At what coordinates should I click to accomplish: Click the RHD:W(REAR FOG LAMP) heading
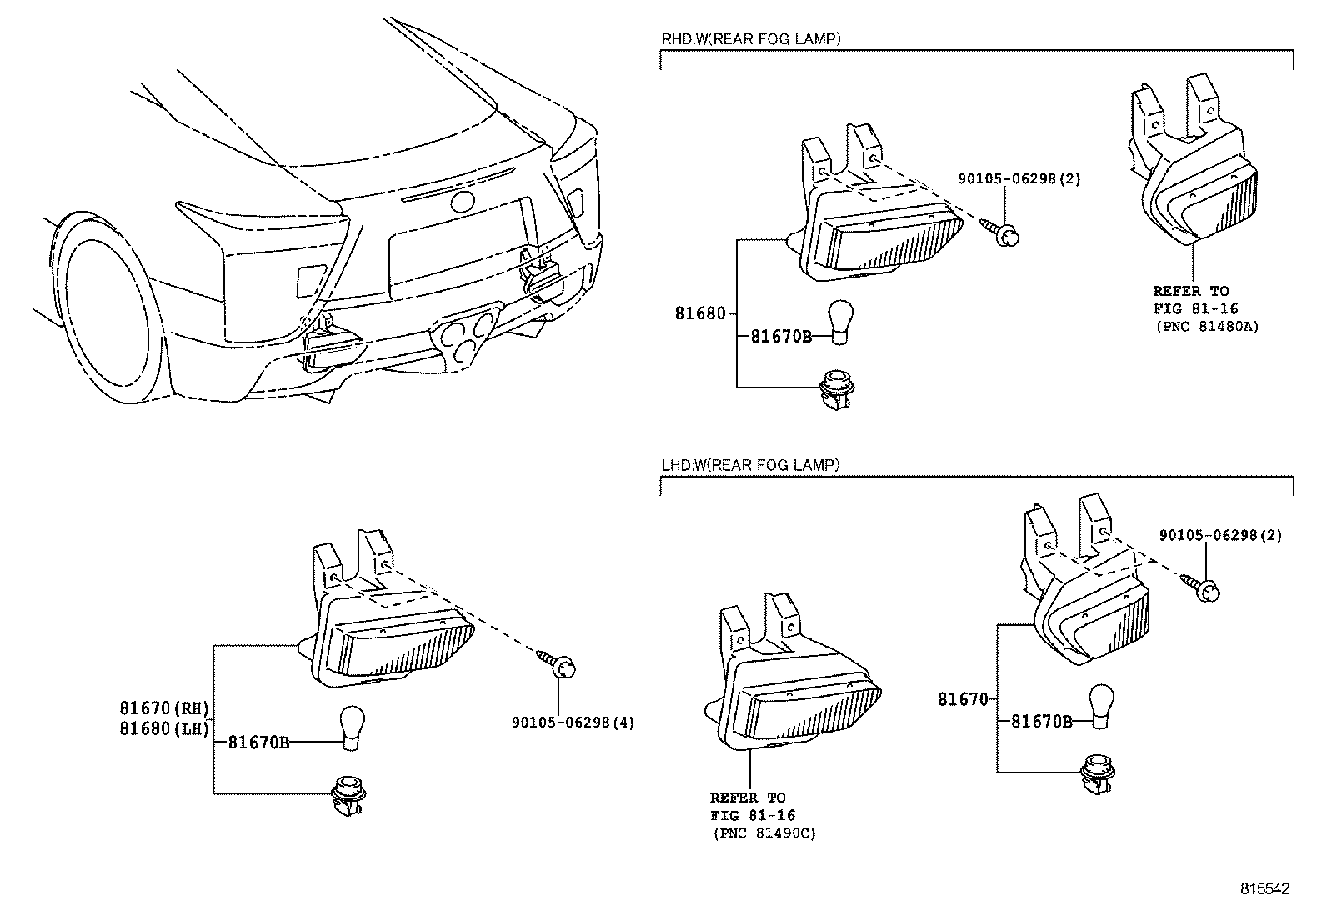pyautogui.click(x=750, y=38)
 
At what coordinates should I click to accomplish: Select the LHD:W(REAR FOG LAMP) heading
pyautogui.click(x=749, y=465)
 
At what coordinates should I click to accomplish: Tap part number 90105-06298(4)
pyautogui.click(x=573, y=723)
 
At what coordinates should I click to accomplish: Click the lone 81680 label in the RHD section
pyautogui.click(x=699, y=313)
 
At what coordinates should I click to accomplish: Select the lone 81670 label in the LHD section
pyautogui.click(x=963, y=699)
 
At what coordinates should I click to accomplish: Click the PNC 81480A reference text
pyautogui.click(x=1206, y=326)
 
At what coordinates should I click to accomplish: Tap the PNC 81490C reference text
pyautogui.click(x=764, y=833)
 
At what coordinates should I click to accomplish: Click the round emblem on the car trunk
pyautogui.click(x=462, y=201)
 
